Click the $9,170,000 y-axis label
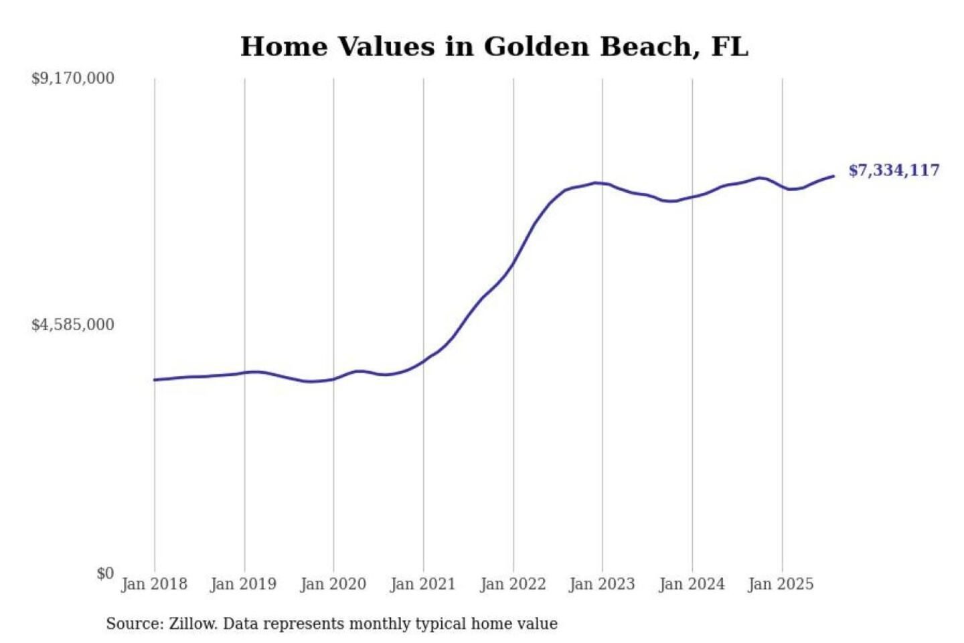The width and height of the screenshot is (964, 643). click(73, 78)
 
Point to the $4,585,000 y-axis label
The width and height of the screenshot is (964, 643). click(73, 325)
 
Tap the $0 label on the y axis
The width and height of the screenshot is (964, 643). click(105, 573)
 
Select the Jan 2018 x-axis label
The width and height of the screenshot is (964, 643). click(154, 584)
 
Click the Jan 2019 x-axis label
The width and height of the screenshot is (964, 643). click(243, 584)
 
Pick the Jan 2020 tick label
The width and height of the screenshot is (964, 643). click(333, 584)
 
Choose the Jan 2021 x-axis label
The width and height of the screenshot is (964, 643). click(422, 584)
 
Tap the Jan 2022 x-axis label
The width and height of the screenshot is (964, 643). click(513, 584)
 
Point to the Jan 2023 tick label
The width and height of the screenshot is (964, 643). click(602, 584)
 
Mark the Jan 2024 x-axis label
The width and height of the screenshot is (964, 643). click(692, 584)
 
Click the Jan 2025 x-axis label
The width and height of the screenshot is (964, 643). click(781, 584)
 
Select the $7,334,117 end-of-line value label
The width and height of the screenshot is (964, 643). click(894, 170)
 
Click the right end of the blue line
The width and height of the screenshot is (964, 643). click(833, 176)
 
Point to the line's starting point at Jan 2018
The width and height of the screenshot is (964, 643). click(155, 380)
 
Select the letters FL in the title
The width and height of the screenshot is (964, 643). click(729, 47)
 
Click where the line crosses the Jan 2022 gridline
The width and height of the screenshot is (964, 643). click(513, 263)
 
